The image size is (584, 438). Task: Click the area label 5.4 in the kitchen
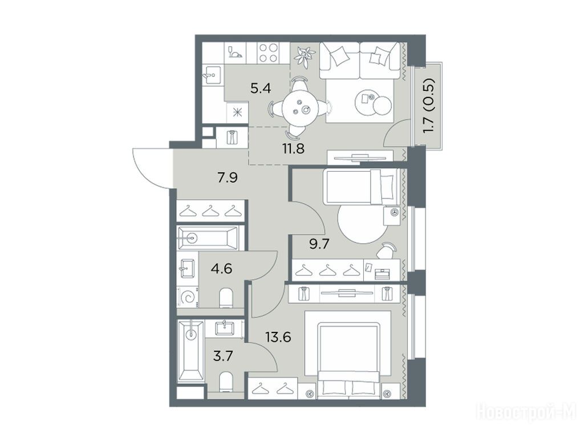(x=261, y=88)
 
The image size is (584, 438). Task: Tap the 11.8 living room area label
(x=294, y=149)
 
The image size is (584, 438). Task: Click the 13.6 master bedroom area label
(x=278, y=337)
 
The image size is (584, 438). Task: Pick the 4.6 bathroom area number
(x=221, y=268)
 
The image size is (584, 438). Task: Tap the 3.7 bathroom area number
(x=223, y=356)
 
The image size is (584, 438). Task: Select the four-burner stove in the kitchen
(x=269, y=53)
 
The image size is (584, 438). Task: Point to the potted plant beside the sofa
(x=304, y=56)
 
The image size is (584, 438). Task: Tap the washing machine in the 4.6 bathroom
(x=187, y=297)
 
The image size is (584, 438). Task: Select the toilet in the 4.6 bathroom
(x=226, y=298)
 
